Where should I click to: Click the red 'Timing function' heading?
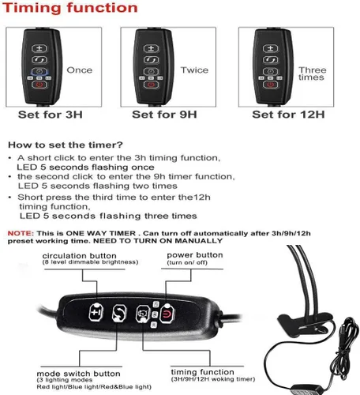coord(70,8)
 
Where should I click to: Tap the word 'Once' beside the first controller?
coord(80,70)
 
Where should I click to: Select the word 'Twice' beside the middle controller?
coord(194,70)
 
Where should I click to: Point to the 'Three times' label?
coord(313,73)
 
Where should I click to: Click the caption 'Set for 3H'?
coord(51,115)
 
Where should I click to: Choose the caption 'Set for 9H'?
coord(164,115)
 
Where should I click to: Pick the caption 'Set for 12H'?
coord(288,115)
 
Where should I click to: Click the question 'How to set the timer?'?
coord(66,145)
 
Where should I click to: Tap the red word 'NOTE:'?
coord(21,233)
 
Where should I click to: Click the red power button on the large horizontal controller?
coord(167,313)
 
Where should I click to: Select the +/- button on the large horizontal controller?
coord(96,312)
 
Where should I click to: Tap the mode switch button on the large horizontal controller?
coord(119,314)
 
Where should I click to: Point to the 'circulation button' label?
coord(79,256)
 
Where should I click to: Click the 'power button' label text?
coord(195,255)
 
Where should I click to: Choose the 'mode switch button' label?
coord(78,374)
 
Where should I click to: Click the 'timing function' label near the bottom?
coord(202,372)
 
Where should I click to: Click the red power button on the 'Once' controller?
coord(39,85)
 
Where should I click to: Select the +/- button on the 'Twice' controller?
coord(151,48)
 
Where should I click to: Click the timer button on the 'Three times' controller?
coord(270,71)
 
